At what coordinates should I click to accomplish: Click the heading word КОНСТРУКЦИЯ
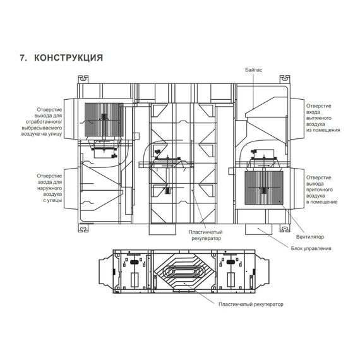[68, 57]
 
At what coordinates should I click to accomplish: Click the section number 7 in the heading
[22, 57]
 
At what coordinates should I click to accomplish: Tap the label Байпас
[254, 70]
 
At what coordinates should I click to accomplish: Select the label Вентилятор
[310, 237]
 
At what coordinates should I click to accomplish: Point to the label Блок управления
[311, 248]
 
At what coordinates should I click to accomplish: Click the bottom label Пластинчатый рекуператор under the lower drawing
[251, 304]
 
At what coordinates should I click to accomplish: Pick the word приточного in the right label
[320, 190]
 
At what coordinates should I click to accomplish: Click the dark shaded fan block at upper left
[104, 119]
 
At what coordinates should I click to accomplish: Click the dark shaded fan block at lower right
[264, 188]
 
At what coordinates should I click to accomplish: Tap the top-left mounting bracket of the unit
[83, 79]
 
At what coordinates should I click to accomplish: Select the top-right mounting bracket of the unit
[285, 79]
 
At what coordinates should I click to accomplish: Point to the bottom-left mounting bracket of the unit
[83, 228]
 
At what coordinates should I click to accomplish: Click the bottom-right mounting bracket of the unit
[285, 228]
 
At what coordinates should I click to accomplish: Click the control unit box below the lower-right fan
[258, 229]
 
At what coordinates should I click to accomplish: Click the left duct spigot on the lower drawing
[106, 272]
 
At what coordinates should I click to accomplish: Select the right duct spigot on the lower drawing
[262, 272]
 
